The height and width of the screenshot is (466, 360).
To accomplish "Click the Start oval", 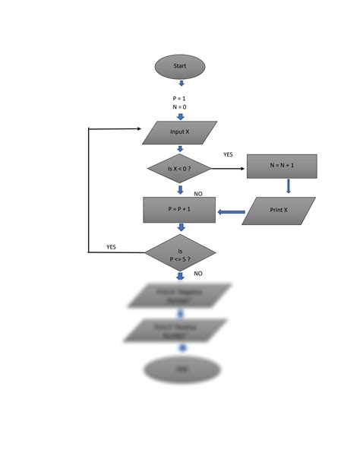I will coord(180,67).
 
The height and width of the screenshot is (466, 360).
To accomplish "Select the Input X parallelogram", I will coord(180,132).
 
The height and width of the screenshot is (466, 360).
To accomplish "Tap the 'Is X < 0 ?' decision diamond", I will coord(179,168).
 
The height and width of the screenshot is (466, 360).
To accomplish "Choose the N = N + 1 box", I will coord(282,166).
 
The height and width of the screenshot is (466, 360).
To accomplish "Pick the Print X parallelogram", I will coord(279,211).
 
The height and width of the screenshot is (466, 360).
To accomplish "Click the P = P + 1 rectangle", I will coord(180,210).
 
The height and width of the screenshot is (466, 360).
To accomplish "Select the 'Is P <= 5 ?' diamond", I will coord(181,254).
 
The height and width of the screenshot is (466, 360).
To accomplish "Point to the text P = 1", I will coord(180,98).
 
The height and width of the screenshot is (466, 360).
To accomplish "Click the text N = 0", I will coord(180,107).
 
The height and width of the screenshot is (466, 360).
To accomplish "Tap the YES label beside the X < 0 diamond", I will coord(229,154).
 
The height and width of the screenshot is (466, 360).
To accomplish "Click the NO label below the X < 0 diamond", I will coord(198,194).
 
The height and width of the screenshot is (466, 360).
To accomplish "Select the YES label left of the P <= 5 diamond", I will coord(111,247).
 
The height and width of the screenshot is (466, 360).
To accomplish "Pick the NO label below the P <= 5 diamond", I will coord(198,273).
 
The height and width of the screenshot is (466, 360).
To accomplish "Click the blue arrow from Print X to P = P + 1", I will coord(231,212).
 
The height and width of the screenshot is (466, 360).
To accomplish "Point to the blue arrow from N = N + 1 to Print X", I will coord(289,186).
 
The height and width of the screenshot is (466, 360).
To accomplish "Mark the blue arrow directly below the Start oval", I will coord(181,83).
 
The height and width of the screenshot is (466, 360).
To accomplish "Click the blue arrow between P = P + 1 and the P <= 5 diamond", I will coord(181,227).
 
